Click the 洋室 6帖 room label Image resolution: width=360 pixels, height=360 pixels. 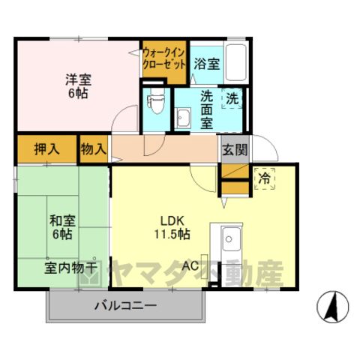click(x=77, y=86)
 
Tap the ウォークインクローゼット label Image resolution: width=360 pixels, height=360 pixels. click(x=164, y=58)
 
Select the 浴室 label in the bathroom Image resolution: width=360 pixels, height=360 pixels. click(x=207, y=64)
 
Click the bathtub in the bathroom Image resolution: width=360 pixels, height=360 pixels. click(x=236, y=62)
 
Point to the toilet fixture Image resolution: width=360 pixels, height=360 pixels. click(x=156, y=102)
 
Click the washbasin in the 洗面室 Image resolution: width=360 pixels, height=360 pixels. click(x=183, y=118)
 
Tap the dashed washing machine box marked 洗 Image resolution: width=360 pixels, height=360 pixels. click(x=232, y=98)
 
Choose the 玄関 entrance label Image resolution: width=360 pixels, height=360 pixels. click(x=235, y=150)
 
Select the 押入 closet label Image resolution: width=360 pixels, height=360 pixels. click(x=47, y=149)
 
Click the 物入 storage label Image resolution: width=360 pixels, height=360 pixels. click(x=94, y=149)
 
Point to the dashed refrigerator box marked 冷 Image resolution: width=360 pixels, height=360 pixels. click(x=265, y=178)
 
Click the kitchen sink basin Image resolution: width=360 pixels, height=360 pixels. click(x=232, y=239)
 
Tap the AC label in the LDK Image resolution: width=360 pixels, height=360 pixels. click(x=190, y=266)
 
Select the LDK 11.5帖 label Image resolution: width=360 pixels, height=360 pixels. click(x=172, y=227)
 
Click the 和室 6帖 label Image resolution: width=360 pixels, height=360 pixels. click(x=62, y=227)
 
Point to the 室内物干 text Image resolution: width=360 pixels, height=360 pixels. click(x=70, y=268)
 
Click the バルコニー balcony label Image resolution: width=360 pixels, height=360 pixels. click(x=126, y=305)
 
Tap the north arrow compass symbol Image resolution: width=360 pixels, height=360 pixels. click(x=332, y=307)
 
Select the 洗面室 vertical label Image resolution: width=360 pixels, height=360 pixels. click(x=207, y=110)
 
